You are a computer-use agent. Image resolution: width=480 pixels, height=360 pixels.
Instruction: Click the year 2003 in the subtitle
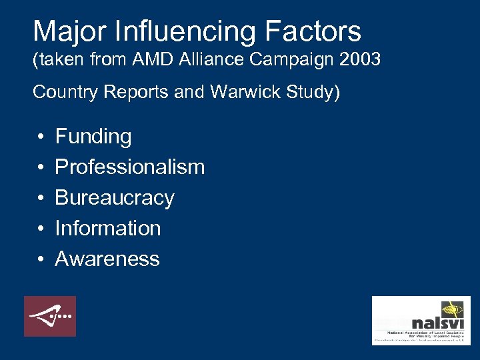tap(359, 60)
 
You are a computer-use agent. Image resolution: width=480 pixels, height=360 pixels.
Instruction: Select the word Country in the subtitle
tap(63, 92)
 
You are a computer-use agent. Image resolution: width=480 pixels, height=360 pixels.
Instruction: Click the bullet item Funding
tap(93, 137)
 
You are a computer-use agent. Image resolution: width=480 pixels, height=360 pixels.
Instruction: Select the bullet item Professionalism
tap(129, 167)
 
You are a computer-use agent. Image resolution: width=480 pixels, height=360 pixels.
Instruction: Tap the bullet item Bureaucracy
tap(114, 198)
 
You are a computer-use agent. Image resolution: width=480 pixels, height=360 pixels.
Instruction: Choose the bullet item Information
tap(107, 228)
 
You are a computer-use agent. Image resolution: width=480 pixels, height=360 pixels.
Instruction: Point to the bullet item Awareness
tap(107, 259)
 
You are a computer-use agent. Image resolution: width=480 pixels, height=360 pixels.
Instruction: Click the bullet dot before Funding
tap(41, 137)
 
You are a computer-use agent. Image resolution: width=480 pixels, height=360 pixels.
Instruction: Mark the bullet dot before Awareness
tap(41, 259)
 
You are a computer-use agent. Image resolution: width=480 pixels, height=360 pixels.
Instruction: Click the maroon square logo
tap(50, 316)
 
